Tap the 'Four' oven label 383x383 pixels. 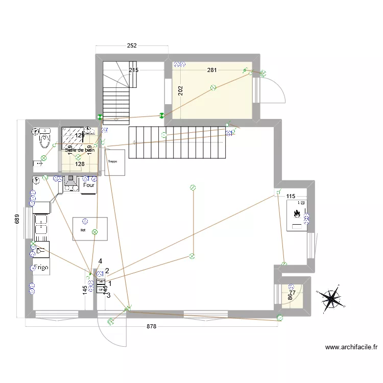point(89,186)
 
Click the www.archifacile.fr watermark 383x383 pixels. point(351,347)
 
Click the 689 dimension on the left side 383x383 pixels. point(17,219)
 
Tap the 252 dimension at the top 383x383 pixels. point(132,46)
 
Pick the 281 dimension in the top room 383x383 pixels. point(212,70)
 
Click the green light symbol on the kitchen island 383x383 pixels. point(94,232)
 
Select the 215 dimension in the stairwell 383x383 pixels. point(134,70)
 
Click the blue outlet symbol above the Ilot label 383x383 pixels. point(85,221)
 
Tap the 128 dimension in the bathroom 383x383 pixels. point(79,164)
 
